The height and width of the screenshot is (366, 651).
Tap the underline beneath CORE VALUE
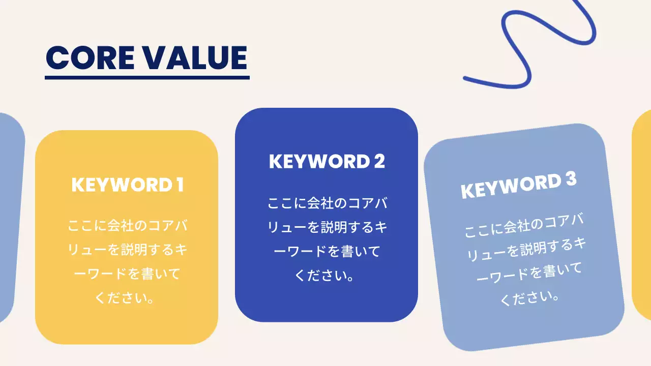pos(147,78)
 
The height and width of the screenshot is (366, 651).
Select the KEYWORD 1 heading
pos(127,185)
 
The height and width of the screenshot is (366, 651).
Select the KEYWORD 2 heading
pos(327,161)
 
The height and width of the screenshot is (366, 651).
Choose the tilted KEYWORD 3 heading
pos(518,186)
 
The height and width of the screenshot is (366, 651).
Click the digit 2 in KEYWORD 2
pos(379,161)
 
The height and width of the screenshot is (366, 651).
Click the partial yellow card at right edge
pos(642,213)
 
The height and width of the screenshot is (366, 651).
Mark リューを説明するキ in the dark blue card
pos(327,227)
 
